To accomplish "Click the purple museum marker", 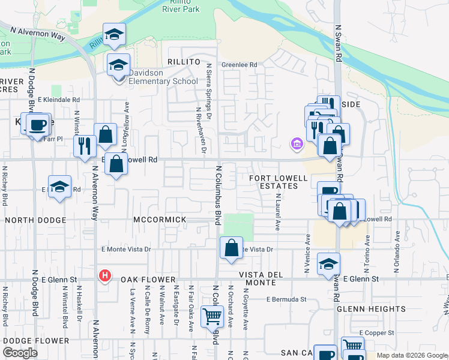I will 296,143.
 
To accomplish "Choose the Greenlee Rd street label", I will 239,65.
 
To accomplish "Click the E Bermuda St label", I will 287,299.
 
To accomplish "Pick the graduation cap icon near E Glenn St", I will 328,264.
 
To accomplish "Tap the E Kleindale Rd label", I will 59,100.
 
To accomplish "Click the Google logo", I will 20,353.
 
